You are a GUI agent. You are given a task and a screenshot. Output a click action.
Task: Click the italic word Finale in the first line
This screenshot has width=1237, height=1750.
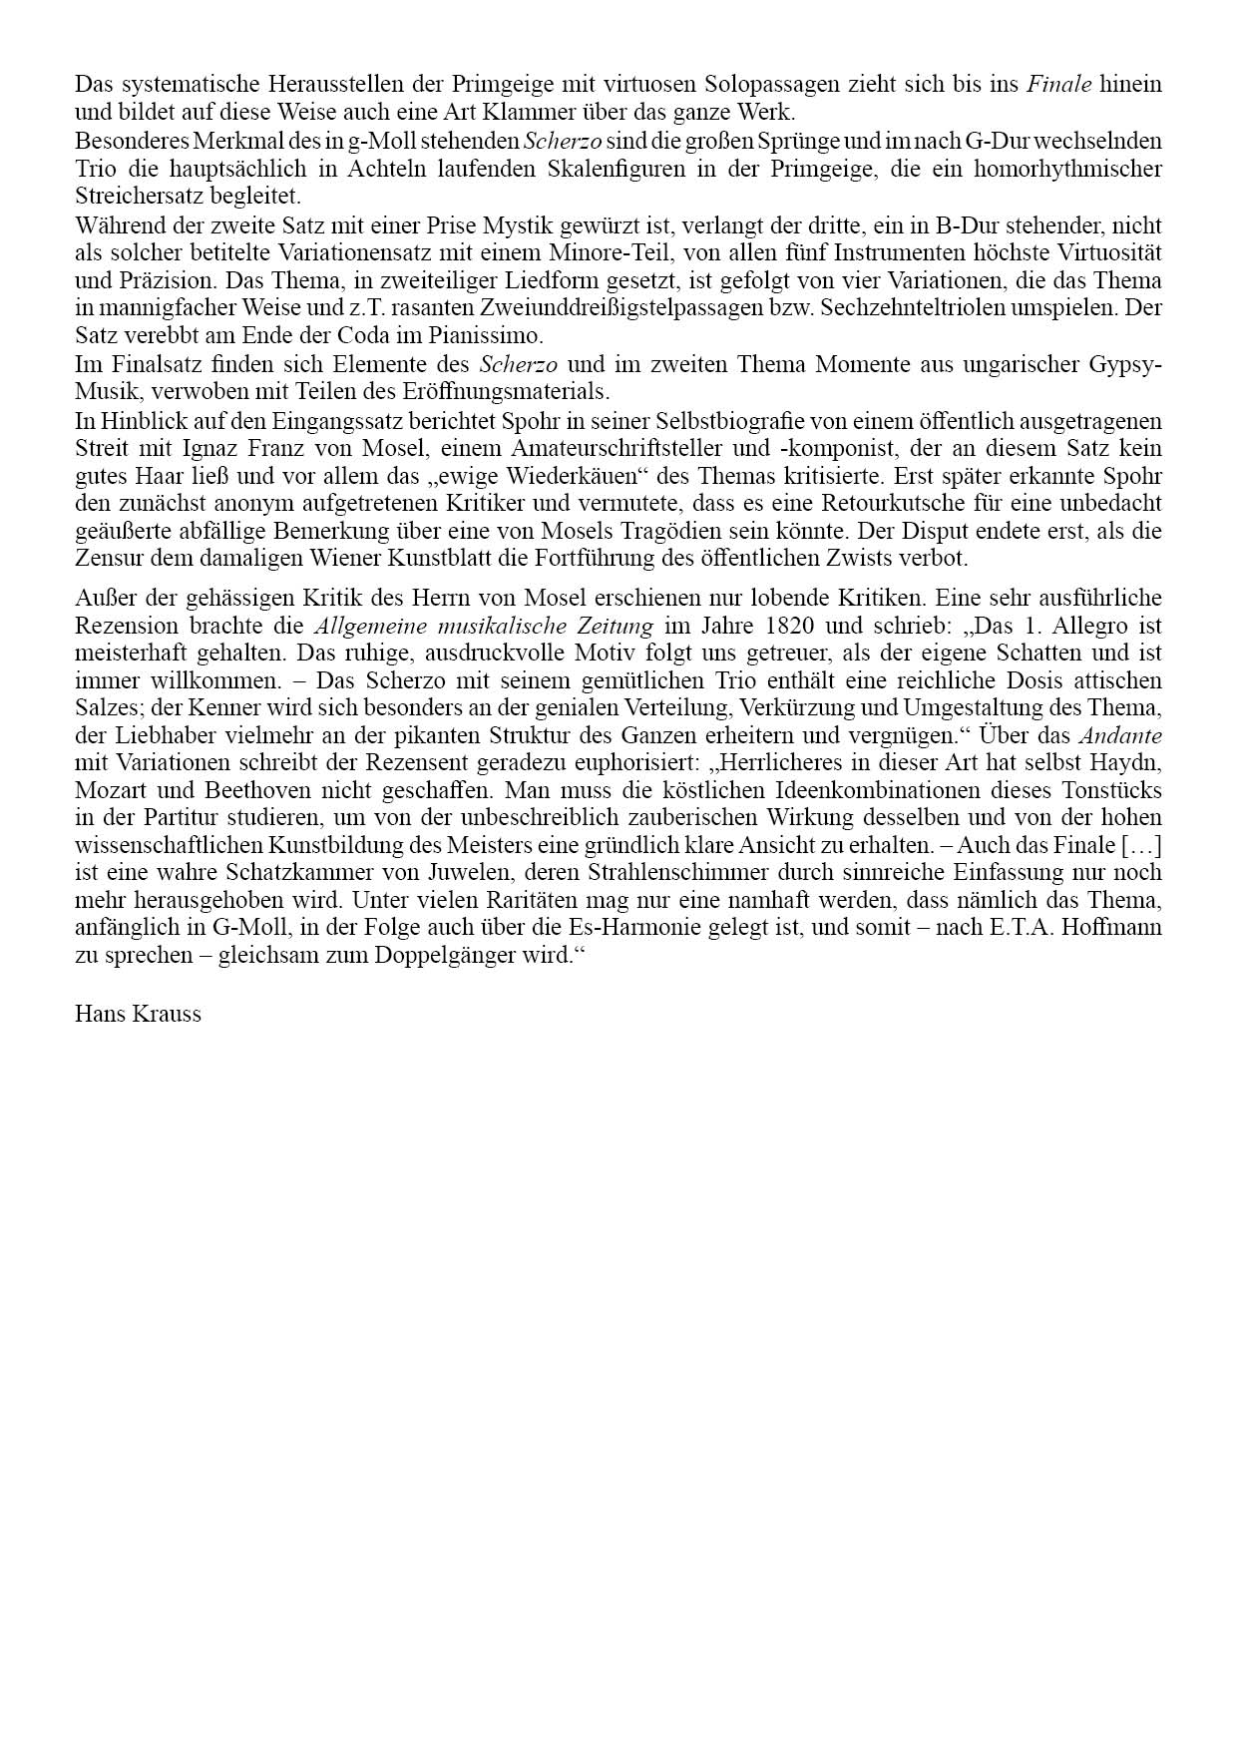click(1059, 85)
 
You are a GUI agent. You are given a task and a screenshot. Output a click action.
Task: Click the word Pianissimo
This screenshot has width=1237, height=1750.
click(486, 335)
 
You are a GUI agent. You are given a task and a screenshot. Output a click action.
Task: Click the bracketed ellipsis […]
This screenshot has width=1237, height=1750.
click(1141, 846)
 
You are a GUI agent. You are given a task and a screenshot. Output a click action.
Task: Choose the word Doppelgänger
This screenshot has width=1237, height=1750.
click(387, 955)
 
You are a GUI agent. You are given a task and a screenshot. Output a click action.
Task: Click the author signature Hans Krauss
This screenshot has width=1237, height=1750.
click(138, 1015)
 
